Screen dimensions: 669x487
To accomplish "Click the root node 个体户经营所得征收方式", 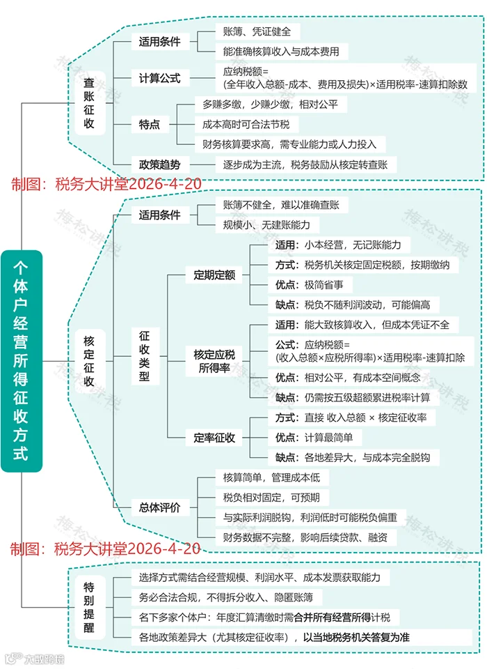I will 22,360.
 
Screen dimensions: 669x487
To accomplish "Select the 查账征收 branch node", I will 90,103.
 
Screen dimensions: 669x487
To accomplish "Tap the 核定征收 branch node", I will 89,361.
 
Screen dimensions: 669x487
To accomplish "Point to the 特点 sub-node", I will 150,125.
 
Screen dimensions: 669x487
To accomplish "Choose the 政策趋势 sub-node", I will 159,165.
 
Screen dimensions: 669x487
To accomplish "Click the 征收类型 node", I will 145,356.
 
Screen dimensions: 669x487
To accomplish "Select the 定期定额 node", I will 214,275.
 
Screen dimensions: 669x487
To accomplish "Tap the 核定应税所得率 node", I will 214,361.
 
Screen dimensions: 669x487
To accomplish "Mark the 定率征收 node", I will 214,438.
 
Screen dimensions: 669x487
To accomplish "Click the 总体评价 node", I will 159,507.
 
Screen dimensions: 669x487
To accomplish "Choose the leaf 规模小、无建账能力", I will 266,225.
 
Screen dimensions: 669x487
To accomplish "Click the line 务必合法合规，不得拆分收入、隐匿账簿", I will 226,597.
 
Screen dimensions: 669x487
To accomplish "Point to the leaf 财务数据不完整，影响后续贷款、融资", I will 301,537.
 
